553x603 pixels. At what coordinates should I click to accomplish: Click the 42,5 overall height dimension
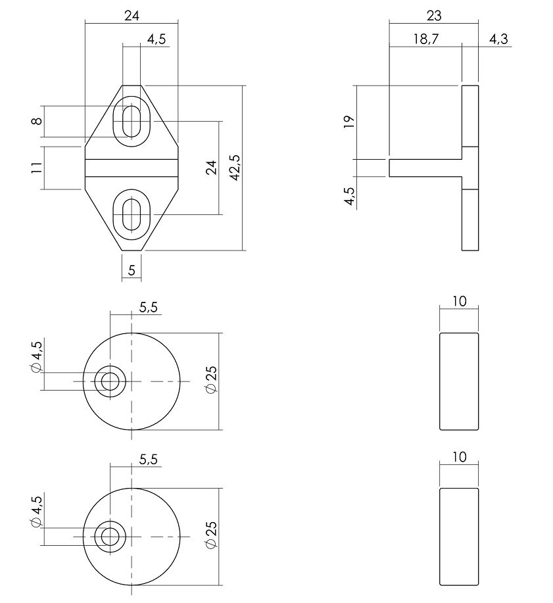pyautogui.click(x=235, y=168)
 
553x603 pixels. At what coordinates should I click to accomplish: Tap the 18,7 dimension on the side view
pyautogui.click(x=425, y=39)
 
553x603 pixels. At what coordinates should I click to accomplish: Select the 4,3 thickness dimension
pyautogui.click(x=498, y=39)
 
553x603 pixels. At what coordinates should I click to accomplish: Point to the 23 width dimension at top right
pyautogui.click(x=434, y=15)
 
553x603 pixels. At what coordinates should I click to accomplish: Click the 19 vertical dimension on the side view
pyautogui.click(x=349, y=121)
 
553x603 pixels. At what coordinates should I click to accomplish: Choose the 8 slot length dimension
pyautogui.click(x=37, y=121)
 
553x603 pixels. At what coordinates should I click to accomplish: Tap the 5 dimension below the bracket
pyautogui.click(x=132, y=270)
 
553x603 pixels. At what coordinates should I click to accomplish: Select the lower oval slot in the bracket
pyautogui.click(x=132, y=214)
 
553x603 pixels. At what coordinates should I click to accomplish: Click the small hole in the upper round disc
pyautogui.click(x=110, y=381)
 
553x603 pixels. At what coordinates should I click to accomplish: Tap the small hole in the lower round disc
pyautogui.click(x=110, y=537)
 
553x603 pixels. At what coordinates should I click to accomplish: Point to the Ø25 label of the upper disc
pyautogui.click(x=211, y=379)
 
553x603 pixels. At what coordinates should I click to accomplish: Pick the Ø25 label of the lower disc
pyautogui.click(x=211, y=535)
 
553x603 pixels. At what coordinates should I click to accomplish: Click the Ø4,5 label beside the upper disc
pyautogui.click(x=36, y=358)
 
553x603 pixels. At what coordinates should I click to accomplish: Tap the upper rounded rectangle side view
pyautogui.click(x=459, y=381)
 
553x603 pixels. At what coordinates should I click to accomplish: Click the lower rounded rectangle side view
pyautogui.click(x=459, y=537)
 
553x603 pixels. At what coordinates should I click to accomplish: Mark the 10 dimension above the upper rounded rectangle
pyautogui.click(x=459, y=302)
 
